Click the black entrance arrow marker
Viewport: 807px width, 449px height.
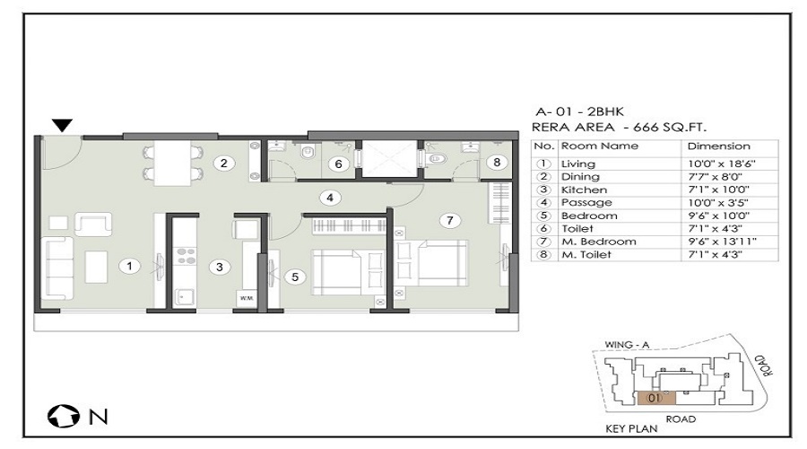point(62,125)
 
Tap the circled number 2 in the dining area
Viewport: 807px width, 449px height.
point(224,163)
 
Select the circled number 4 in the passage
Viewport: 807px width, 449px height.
point(330,198)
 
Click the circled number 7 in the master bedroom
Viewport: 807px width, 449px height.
point(450,221)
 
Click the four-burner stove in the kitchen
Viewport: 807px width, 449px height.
point(186,256)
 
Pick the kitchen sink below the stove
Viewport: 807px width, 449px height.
point(183,297)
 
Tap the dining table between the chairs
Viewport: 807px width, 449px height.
point(173,163)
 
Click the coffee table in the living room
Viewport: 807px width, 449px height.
point(96,267)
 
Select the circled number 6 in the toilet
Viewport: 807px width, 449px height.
point(339,164)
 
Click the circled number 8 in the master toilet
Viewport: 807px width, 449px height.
point(497,163)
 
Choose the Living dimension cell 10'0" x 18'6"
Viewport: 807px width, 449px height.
point(721,164)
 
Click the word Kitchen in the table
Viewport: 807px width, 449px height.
point(584,189)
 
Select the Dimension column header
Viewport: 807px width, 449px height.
point(718,145)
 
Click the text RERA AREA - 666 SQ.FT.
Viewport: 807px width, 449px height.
point(619,127)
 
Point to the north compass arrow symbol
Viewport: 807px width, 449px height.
point(64,417)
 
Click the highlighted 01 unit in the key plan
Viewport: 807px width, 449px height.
point(656,398)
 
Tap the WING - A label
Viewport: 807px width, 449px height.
point(627,345)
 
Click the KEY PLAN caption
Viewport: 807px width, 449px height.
point(631,428)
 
